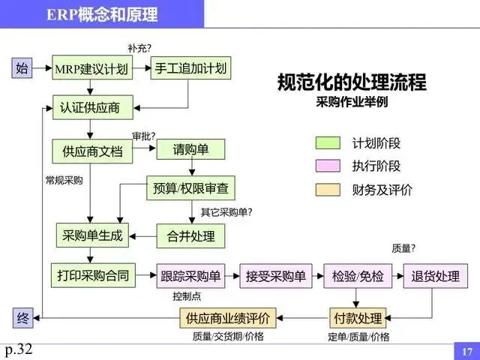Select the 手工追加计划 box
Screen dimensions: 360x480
pos(190,69)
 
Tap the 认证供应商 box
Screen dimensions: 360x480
pos(92,107)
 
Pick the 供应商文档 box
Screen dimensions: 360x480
pos(92,151)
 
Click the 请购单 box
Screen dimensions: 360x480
pos(190,149)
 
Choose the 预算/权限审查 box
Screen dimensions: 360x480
pos(190,187)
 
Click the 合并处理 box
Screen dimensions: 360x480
pos(190,236)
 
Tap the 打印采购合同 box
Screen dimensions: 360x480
pos(92,275)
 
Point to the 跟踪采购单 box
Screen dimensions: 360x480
pos(190,276)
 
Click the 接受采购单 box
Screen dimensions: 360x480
pos(275,276)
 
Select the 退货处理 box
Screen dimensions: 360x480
pos(435,276)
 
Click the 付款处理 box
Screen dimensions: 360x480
pos(357,318)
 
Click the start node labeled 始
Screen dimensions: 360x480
pos(22,69)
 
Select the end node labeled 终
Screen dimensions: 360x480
pos(22,318)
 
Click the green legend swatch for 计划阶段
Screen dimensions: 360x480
pos(328,142)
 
